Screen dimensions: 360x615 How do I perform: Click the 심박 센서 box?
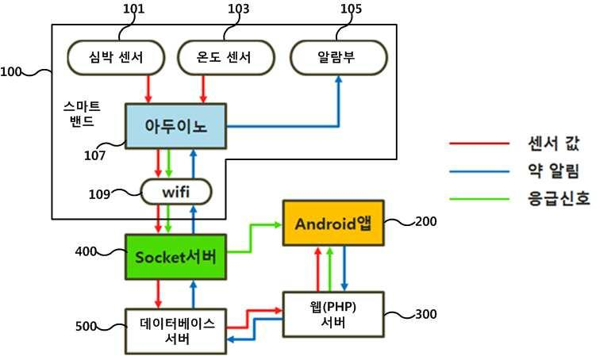click(116, 57)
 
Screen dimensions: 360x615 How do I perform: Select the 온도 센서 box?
click(225, 57)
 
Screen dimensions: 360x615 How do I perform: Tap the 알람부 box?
click(338, 57)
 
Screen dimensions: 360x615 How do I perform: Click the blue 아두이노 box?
click(175, 125)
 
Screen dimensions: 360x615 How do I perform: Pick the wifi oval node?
click(176, 191)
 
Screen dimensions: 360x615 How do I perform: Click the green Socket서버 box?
click(176, 256)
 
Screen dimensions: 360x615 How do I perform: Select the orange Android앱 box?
click(333, 223)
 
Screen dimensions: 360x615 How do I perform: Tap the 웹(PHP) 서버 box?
click(333, 316)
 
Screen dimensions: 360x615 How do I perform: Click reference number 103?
click(236, 10)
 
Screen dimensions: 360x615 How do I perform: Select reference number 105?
click(349, 10)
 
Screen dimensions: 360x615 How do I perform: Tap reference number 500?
click(87, 326)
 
